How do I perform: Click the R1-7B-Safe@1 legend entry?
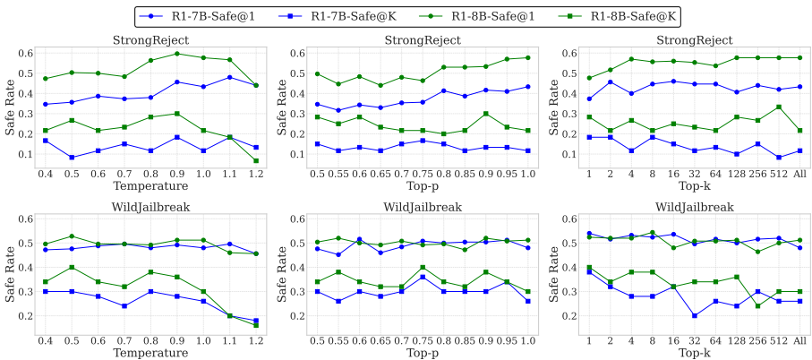(216, 15)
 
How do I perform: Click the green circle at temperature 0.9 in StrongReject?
(177, 54)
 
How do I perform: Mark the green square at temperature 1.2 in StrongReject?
(255, 161)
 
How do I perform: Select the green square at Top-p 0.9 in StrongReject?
(486, 114)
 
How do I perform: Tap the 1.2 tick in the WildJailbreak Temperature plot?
(255, 339)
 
